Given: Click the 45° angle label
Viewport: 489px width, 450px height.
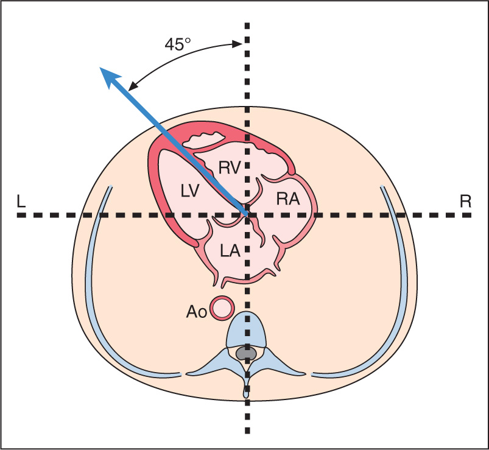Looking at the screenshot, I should coord(178,44).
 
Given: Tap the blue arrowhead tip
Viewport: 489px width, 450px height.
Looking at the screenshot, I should coord(102,69).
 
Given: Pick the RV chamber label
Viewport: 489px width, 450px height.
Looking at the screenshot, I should coord(228,167).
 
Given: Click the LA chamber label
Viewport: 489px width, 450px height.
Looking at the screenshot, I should coord(229,250).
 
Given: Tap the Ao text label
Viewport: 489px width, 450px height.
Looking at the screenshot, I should coord(196,312).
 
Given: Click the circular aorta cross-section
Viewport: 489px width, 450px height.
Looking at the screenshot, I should coord(221,308).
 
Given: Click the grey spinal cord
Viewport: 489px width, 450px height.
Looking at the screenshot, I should coord(246,353).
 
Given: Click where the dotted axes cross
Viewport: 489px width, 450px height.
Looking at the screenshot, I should coord(247,215).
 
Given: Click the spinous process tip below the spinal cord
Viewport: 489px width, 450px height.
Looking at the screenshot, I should coord(247,392).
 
